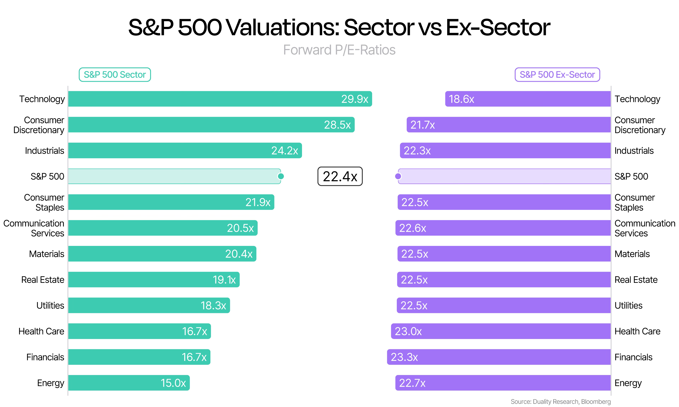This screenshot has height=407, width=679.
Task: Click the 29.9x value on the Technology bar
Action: point(354,99)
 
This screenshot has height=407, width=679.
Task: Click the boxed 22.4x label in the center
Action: point(340,176)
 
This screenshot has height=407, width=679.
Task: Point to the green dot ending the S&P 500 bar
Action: point(281,176)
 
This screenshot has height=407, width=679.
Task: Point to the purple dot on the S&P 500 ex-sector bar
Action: point(398,176)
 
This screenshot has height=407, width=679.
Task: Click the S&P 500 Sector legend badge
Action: point(115,75)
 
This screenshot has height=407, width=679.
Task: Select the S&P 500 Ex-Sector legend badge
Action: point(557,75)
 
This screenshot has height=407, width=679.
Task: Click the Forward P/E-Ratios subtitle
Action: point(339,50)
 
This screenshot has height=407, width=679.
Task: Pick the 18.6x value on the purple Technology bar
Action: point(461,99)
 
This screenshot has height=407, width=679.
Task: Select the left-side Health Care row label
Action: point(41,331)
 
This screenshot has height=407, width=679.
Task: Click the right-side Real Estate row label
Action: point(636,280)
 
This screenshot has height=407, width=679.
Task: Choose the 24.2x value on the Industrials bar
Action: point(285,151)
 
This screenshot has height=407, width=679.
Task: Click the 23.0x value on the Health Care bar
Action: point(408,331)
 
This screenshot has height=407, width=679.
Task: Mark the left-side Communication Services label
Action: point(34,228)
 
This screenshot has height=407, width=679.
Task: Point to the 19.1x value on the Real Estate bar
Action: point(224,280)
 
